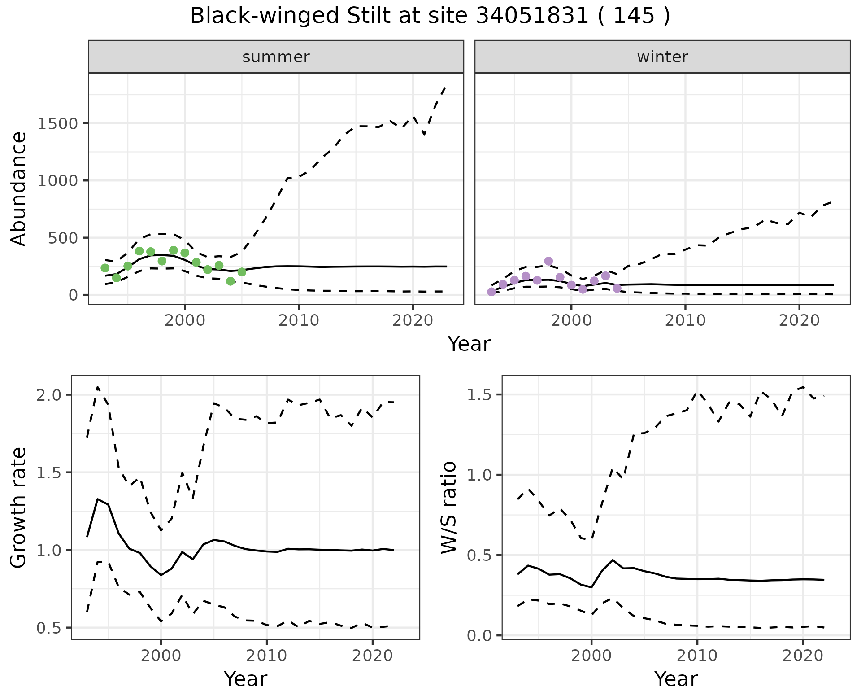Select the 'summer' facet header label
pyautogui.click(x=276, y=57)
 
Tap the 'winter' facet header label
pyautogui.click(x=662, y=57)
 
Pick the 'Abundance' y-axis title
pyautogui.click(x=19, y=188)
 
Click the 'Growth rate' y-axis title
pyautogui.click(x=19, y=507)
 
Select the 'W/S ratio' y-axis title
pyautogui.click(x=449, y=507)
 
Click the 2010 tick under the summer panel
pyautogui.click(x=298, y=321)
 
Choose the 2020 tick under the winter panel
pyautogui.click(x=799, y=321)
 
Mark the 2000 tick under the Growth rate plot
pyautogui.click(x=161, y=656)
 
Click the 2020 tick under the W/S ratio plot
pyautogui.click(x=803, y=656)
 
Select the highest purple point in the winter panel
pyautogui.click(x=548, y=261)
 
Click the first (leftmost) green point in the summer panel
pyautogui.click(x=105, y=268)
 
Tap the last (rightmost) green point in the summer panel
pyautogui.click(x=242, y=272)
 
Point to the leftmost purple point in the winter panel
pyautogui.click(x=491, y=292)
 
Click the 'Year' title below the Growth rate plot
pyautogui.click(x=245, y=679)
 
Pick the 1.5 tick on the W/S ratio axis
pyautogui.click(x=478, y=395)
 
